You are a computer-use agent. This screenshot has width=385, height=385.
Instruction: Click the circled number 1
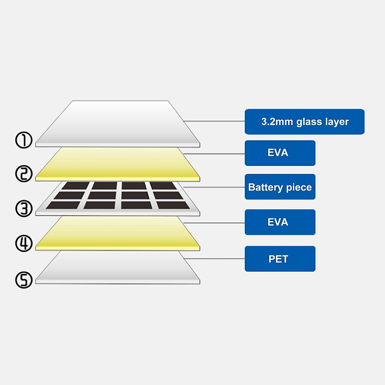[24, 140]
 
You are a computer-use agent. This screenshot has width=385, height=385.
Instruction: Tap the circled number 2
[24, 174]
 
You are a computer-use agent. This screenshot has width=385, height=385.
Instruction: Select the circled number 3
[24, 209]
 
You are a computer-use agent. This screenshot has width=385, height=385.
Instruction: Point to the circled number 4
[24, 243]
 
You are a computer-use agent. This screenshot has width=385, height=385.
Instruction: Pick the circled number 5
[24, 280]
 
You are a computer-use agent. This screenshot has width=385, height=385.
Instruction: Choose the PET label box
[280, 259]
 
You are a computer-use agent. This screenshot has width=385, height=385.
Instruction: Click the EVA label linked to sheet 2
[280, 153]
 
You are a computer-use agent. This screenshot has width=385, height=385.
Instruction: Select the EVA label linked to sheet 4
[280, 222]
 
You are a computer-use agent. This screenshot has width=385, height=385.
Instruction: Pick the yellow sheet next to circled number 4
[117, 233]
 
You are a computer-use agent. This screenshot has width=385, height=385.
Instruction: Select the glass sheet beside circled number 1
[117, 125]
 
